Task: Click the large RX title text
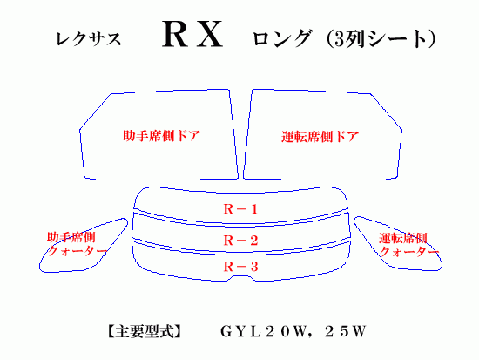pyautogui.click(x=192, y=34)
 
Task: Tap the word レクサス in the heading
pyautogui.click(x=88, y=39)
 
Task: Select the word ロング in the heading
pyautogui.click(x=281, y=38)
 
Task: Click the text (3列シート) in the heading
pyautogui.click(x=381, y=39)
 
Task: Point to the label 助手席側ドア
pyautogui.click(x=161, y=136)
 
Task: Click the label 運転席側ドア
pyautogui.click(x=320, y=136)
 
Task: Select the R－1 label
pyautogui.click(x=240, y=209)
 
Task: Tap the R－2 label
pyautogui.click(x=240, y=241)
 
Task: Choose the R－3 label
pyautogui.click(x=240, y=267)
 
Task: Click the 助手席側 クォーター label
pyautogui.click(x=77, y=244)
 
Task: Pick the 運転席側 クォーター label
pyautogui.click(x=408, y=245)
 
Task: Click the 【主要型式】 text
pyautogui.click(x=144, y=331)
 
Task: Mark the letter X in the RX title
pyautogui.click(x=210, y=35)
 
